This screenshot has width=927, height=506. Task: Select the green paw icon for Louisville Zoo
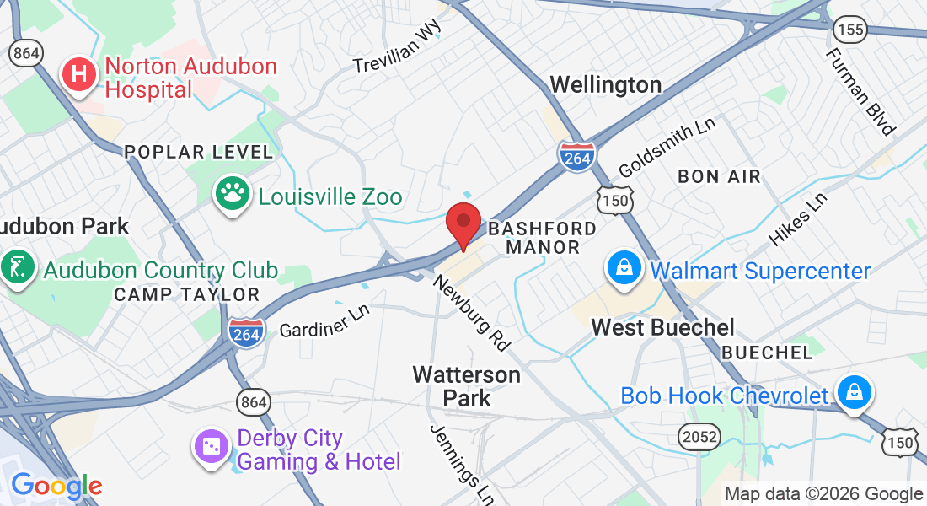pos(231,194)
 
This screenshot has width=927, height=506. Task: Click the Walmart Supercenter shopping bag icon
pos(624,269)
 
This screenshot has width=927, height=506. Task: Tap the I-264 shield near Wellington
pos(576,157)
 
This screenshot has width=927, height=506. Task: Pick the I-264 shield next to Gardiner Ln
pos(245,331)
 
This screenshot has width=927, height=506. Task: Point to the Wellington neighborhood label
pos(605,84)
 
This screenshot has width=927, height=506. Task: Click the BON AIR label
pos(719,176)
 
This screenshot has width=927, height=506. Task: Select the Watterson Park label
pos(466,385)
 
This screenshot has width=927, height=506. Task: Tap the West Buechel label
pos(662,327)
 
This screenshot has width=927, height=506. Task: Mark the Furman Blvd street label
pos(860,90)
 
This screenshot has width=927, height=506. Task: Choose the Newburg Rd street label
pos(472,311)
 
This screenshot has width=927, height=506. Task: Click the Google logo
pos(56,487)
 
